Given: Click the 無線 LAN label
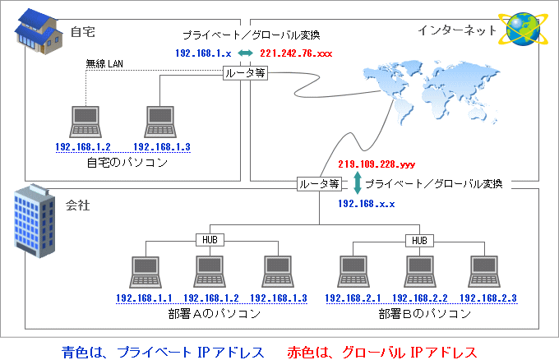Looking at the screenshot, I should coord(104,63).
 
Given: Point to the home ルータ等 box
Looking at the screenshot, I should coord(244,73).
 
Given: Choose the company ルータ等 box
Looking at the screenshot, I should coord(319,183).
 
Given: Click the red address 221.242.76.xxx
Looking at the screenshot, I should coord(295,53).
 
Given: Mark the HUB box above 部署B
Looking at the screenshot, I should coord(418,240).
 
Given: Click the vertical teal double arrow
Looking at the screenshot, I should coord(357,182).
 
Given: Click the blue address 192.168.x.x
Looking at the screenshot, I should coord(367,201).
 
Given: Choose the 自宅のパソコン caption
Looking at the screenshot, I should coord(127,163).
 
